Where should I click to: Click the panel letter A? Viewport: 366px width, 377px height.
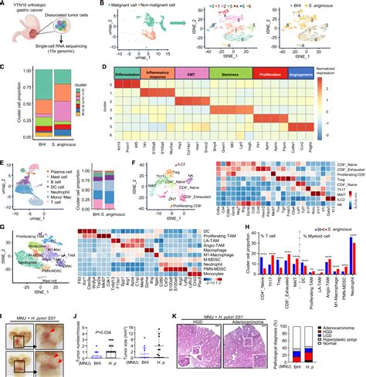(4, 5)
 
